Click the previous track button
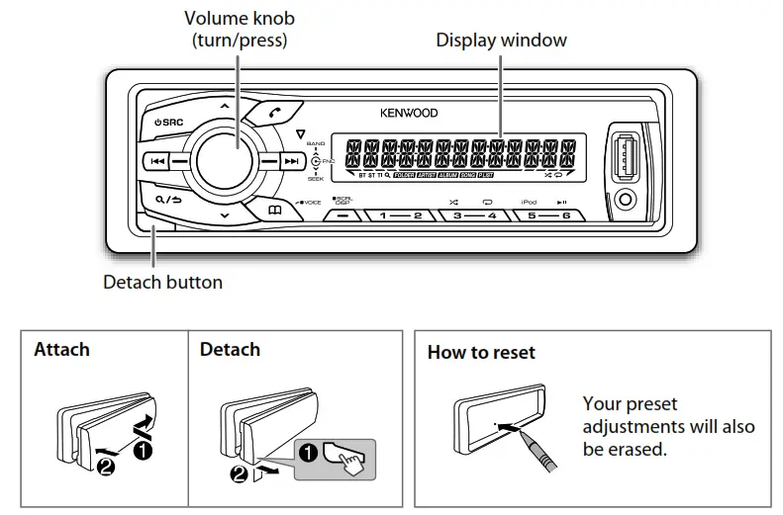[x=156, y=160]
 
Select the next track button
[x=290, y=161]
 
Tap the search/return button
[x=168, y=199]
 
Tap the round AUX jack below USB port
[x=625, y=201]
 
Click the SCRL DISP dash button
[x=343, y=215]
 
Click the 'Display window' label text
[x=501, y=41]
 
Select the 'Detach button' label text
[x=162, y=282]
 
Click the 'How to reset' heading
[x=480, y=352]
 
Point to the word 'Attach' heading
[x=61, y=349]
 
